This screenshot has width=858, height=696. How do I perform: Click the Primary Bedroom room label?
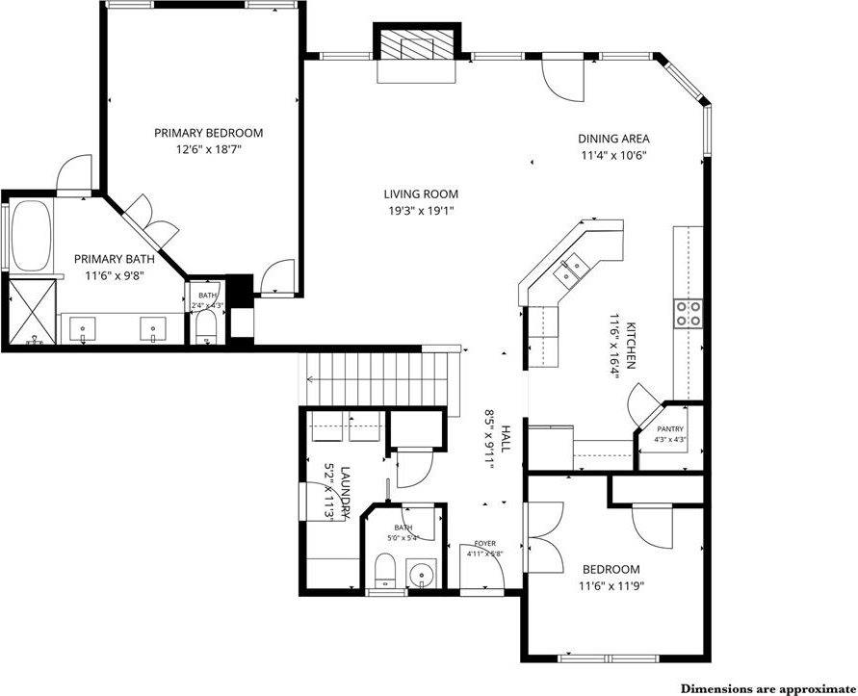click(x=208, y=133)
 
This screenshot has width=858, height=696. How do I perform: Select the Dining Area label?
click(x=613, y=139)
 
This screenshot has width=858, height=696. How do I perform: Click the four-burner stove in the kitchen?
click(x=688, y=311)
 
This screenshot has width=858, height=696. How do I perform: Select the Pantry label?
click(x=670, y=429)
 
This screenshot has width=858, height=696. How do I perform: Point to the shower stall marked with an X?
click(x=34, y=310)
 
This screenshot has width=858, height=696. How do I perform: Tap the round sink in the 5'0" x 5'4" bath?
click(x=420, y=578)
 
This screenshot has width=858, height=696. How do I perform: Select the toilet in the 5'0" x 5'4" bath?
click(x=383, y=577)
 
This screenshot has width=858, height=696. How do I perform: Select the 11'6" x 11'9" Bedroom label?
click(x=611, y=569)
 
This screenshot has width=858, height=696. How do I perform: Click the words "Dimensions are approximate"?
click(x=767, y=688)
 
